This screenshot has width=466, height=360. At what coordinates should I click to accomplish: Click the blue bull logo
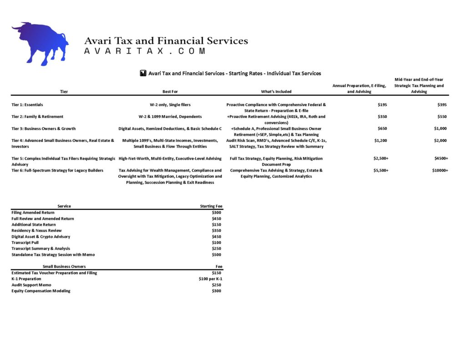coord(40,43)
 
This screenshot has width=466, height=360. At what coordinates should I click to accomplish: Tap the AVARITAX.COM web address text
coord(145,51)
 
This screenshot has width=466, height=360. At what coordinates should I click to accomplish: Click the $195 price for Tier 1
coord(382,105)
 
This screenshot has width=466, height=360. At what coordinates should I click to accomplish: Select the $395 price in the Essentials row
coord(442,105)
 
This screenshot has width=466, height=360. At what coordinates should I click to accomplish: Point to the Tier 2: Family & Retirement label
coord(37,117)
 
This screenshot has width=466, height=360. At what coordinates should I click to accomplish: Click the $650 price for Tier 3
coord(382,128)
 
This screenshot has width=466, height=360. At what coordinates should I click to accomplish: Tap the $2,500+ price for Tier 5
coord(380,158)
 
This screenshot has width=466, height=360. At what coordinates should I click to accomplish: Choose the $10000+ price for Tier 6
coord(440,170)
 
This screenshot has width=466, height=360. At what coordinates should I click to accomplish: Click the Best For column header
coord(170,91)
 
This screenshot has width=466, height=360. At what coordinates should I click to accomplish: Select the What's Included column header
coord(276,91)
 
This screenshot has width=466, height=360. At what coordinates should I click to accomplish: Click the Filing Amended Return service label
coord(33,213)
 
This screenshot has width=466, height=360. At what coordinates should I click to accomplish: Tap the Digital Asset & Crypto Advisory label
coord(41,237)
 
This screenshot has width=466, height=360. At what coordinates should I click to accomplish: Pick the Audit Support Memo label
coord(31,285)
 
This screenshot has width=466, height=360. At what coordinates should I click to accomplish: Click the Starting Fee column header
coord(211,206)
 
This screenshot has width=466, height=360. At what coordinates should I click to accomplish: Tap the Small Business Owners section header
coord(64,266)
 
